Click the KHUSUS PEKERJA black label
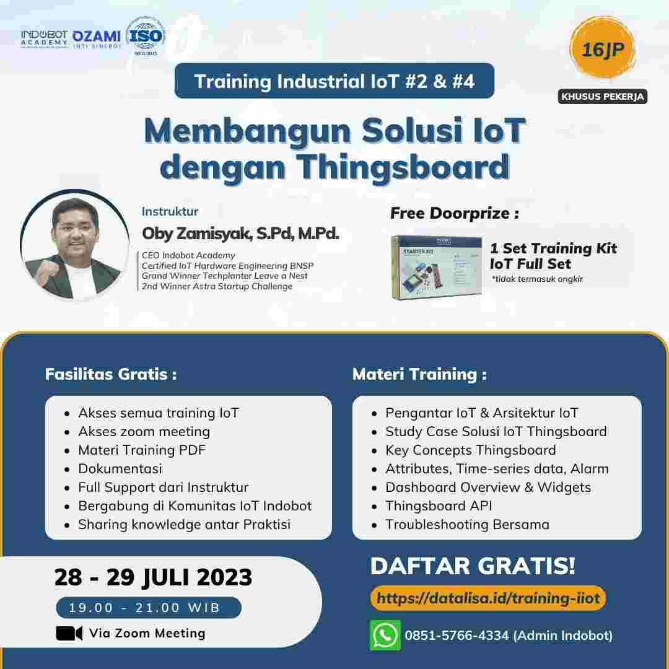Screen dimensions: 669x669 (602, 97)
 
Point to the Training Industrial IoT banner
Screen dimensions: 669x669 (334, 81)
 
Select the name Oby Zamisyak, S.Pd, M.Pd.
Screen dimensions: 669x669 (240, 234)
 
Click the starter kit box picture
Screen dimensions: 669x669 (437, 267)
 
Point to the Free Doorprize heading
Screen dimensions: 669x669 (454, 214)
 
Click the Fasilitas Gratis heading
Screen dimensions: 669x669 (111, 374)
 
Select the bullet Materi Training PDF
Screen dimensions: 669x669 (141, 450)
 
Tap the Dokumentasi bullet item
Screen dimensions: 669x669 (120, 468)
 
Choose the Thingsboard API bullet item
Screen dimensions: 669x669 (439, 505)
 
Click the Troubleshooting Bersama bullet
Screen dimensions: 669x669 (467, 524)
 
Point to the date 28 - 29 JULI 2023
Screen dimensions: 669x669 (153, 577)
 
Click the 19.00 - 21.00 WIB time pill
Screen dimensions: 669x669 (148, 608)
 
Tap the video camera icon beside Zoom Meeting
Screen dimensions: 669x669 (69, 633)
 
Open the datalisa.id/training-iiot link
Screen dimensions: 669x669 (488, 598)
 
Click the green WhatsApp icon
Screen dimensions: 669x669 (385, 635)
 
